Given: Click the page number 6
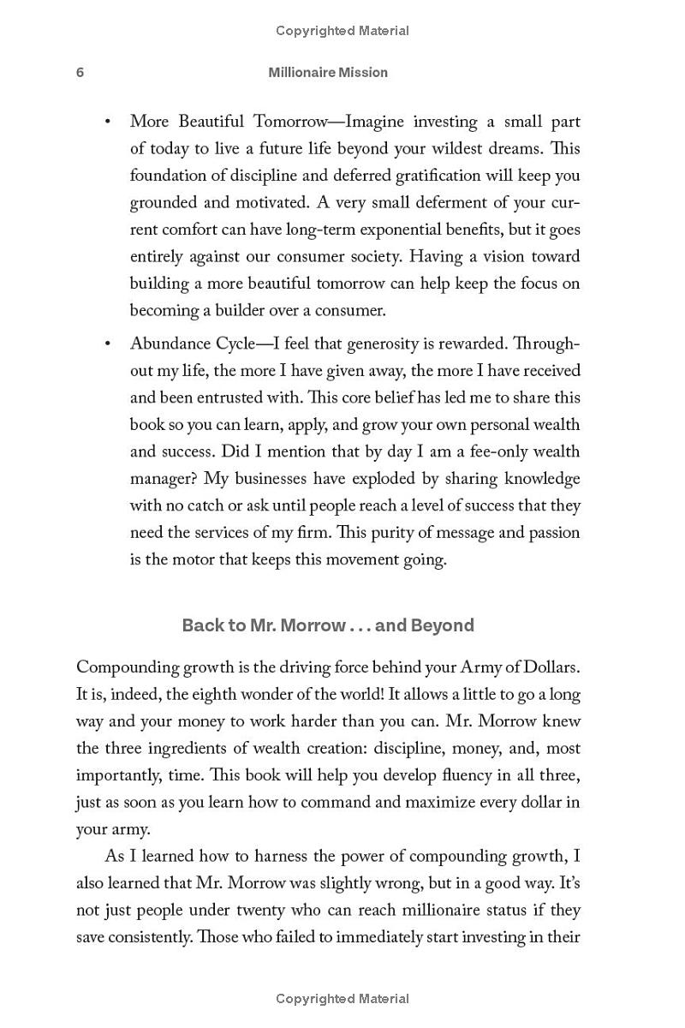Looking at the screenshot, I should coord(80,73).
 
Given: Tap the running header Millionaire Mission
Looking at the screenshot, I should coord(328,73).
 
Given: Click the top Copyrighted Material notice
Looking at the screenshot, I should coord(342,31).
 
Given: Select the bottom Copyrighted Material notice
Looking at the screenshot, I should coord(342,998).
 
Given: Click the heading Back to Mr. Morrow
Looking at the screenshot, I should coord(328,625).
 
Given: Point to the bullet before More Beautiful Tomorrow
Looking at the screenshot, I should coord(107,123).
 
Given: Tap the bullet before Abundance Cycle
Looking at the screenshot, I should coord(107,344).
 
